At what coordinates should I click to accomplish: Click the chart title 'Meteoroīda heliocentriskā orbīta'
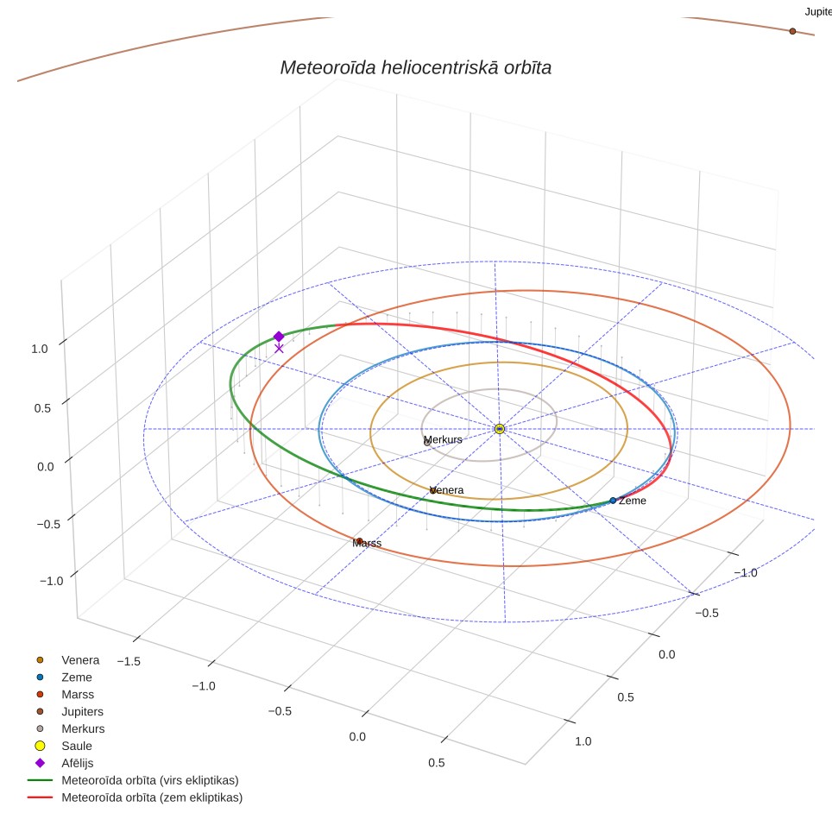pos(415,68)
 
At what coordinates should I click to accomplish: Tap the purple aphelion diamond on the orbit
pos(279,337)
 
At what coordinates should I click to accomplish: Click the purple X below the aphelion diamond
pos(279,349)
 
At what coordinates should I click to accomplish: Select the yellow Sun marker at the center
pos(500,429)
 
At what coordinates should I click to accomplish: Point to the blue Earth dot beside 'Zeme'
pos(613,501)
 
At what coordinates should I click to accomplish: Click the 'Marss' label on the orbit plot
pos(367,544)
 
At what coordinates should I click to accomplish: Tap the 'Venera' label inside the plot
pos(446,490)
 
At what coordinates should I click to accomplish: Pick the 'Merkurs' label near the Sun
pos(443,440)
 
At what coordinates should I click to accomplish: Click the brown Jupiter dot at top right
pos(793,31)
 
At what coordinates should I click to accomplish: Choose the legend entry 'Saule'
pos(77,746)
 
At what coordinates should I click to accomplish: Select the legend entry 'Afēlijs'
pos(78,763)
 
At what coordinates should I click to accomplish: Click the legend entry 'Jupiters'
pos(82,711)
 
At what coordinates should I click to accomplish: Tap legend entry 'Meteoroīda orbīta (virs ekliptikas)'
pos(150,780)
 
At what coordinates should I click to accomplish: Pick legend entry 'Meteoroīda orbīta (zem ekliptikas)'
pos(152,797)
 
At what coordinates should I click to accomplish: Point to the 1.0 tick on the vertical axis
pos(39,350)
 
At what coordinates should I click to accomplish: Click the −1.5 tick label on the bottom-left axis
pos(129,662)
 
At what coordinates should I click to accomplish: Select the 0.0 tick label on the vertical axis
pos(46,467)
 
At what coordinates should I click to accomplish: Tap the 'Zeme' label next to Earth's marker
pos(633,501)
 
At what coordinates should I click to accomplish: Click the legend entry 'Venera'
pos(80,660)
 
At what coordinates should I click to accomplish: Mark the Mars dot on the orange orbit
pos(359,541)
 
